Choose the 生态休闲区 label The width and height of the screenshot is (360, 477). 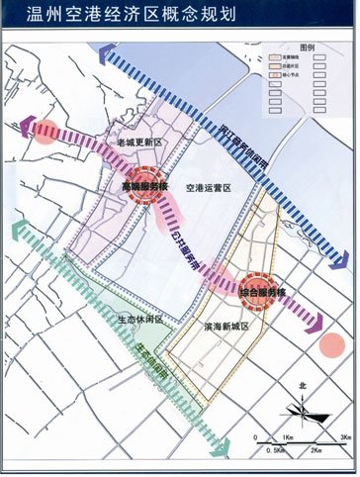tap(138, 319)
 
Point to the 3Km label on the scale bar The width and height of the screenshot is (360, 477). tap(345, 436)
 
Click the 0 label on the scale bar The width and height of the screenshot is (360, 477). tap(255, 436)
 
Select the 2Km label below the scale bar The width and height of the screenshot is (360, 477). tap(315, 450)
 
